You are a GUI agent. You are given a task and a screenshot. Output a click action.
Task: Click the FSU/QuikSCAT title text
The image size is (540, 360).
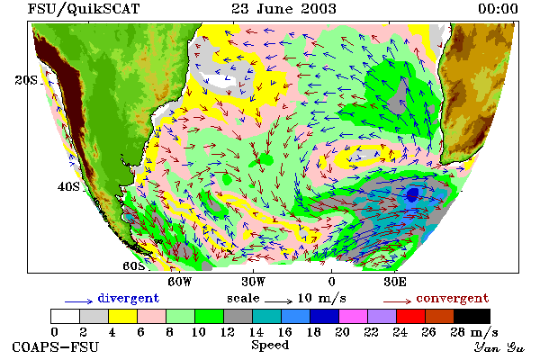(x=84, y=9)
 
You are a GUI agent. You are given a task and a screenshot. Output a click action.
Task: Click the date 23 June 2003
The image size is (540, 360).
(x=283, y=9)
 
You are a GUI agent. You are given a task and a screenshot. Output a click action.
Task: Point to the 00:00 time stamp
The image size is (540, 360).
(x=498, y=9)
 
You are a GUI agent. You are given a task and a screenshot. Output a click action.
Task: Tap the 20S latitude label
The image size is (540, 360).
(x=26, y=80)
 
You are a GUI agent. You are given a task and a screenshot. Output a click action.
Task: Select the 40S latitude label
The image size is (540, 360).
(x=68, y=186)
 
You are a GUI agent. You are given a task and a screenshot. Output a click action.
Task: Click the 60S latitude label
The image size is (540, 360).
(x=134, y=266)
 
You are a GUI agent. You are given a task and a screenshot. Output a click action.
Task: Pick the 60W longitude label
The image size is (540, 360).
(x=180, y=282)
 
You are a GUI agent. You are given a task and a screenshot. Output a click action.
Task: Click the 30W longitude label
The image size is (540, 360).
(x=254, y=282)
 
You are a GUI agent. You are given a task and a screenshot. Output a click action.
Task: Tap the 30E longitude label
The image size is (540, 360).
(x=395, y=282)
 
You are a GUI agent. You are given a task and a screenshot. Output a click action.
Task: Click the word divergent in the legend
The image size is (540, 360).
(x=129, y=298)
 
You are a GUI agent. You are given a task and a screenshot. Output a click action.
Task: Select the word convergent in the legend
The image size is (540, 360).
(x=453, y=298)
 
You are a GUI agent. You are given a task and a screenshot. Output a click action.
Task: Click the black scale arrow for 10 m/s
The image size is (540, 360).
(x=279, y=301)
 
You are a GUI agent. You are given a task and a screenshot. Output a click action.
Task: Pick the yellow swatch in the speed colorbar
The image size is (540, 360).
(x=122, y=316)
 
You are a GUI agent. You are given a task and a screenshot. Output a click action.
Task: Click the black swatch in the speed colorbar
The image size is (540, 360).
(x=472, y=316)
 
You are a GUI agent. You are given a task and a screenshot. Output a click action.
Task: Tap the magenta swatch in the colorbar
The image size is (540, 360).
(x=354, y=316)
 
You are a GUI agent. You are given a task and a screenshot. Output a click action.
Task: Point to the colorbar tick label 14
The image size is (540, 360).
(x=256, y=332)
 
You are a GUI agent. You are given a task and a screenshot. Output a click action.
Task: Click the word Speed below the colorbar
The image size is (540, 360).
(x=270, y=346)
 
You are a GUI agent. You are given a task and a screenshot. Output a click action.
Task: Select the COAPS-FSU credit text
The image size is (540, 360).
(x=56, y=346)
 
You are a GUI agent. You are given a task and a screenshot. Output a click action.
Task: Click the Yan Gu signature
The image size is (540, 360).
(x=499, y=347)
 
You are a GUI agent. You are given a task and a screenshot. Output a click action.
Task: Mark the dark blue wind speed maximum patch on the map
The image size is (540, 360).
(x=412, y=194)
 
